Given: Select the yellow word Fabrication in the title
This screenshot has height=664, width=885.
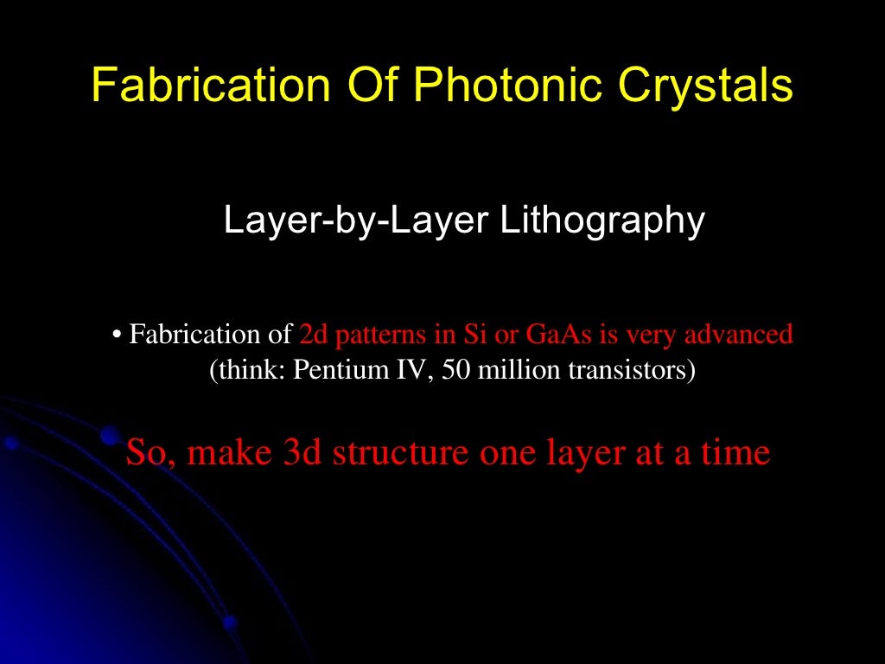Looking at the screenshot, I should tap(211, 86).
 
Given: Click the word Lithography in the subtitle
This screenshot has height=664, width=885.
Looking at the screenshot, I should tap(602, 221).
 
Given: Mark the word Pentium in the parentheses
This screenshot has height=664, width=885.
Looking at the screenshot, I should tap(330, 371).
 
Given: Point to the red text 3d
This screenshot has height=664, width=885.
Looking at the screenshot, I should tap(302, 453).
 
